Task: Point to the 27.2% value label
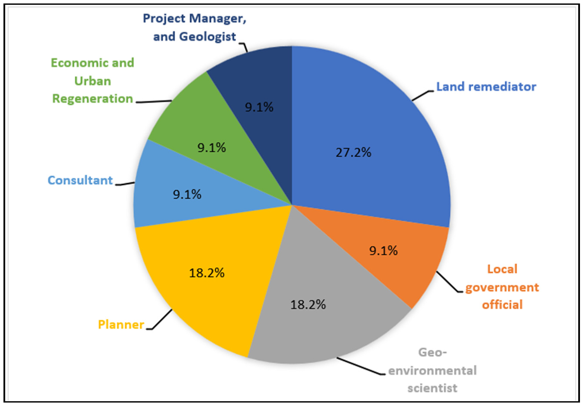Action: pos(354,153)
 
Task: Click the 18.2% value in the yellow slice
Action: pos(206,273)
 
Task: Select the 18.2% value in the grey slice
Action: pos(308,305)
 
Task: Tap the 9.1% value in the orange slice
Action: pos(383,250)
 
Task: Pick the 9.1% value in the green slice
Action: pos(212,148)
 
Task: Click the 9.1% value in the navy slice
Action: pos(259,107)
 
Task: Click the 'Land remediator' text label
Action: pos(486,87)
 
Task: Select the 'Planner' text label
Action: pos(121,325)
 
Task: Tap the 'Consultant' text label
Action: pos(80,180)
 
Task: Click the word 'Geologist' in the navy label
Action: pos(207,36)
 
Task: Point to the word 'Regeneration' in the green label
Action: pos(93,99)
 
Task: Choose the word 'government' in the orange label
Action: pos(502,287)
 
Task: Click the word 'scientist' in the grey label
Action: pos(432,388)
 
